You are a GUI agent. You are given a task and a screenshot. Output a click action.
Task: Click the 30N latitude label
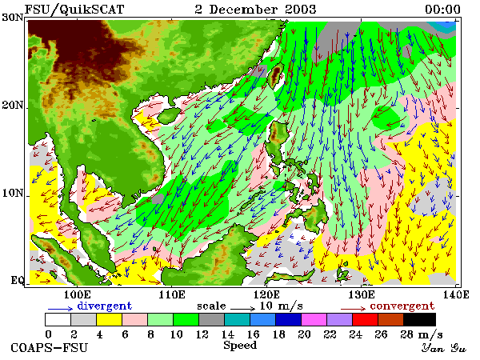13,17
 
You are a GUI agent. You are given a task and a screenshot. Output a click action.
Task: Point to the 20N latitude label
13,106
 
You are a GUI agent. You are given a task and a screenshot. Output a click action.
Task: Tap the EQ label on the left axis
18,280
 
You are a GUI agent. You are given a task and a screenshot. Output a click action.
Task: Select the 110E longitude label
172,294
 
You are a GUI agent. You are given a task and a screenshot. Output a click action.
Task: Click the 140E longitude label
456,294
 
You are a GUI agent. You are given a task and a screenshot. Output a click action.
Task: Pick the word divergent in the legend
104,306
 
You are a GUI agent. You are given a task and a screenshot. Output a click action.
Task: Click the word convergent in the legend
402,306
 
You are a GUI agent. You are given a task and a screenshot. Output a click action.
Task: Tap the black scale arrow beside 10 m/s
242,308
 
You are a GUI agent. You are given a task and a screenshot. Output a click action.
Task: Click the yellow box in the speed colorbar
110,319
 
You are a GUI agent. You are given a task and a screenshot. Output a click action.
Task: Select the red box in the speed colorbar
366,319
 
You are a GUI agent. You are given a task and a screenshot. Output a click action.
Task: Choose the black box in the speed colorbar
419,319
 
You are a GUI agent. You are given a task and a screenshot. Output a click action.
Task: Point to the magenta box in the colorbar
314,319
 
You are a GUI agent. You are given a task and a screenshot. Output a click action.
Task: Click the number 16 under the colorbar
253,334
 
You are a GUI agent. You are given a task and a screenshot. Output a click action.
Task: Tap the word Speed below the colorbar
240,346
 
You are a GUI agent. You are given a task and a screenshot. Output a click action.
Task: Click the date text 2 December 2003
256,9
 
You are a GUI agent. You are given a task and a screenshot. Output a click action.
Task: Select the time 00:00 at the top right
442,10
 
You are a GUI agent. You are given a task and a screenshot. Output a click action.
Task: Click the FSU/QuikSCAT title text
74,10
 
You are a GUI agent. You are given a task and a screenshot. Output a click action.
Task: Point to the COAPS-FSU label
49,348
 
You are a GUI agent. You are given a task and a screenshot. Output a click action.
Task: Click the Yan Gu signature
443,348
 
